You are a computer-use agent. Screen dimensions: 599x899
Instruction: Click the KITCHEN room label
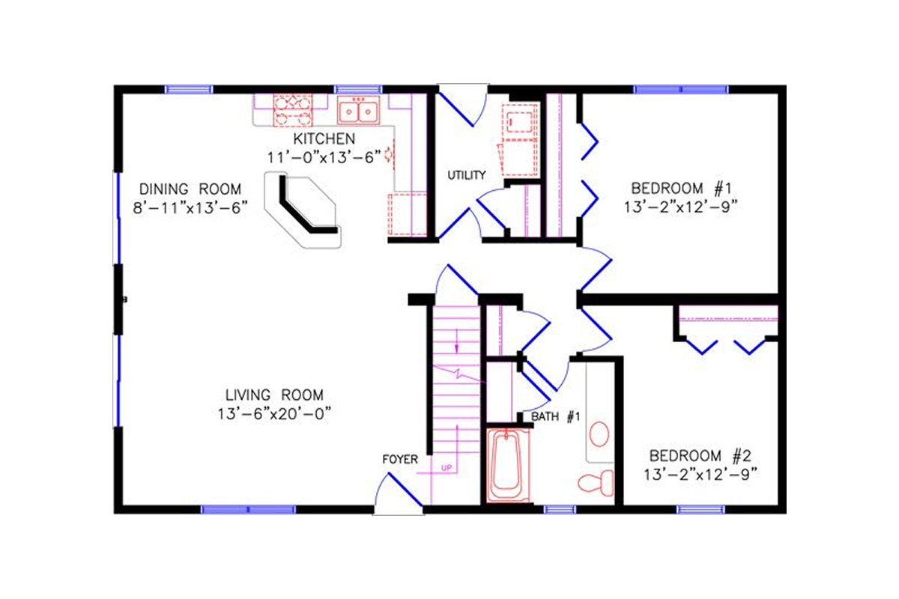[x=324, y=139]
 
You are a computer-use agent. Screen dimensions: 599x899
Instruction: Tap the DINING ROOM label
[x=190, y=188]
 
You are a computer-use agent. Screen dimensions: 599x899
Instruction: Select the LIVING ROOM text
[x=274, y=395]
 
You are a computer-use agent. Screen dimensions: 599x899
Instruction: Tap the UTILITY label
[x=467, y=175]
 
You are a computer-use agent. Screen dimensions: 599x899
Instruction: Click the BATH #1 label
[x=556, y=416]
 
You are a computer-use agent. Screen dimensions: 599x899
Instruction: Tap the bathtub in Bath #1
[x=509, y=466]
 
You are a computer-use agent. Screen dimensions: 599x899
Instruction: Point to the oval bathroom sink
[x=599, y=434]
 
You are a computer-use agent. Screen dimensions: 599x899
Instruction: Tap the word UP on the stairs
[x=448, y=469]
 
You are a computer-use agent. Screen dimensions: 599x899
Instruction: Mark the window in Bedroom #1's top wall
[x=680, y=89]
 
